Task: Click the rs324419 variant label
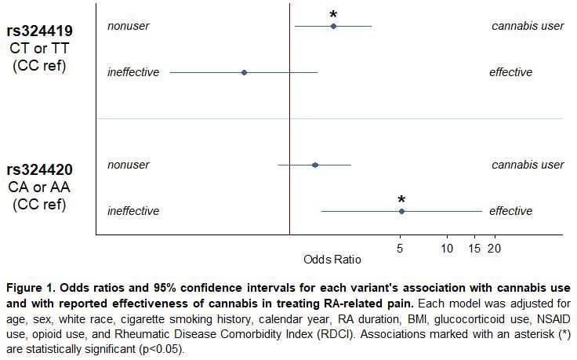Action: (40, 32)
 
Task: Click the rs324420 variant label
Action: (40, 170)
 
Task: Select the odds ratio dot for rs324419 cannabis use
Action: (333, 27)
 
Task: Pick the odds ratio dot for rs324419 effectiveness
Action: (245, 72)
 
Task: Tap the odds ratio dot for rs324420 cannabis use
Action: (315, 165)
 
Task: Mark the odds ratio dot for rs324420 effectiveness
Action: (401, 211)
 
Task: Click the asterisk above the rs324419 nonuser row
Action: (333, 15)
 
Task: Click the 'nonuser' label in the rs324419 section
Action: (128, 26)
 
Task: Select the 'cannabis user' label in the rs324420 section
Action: (528, 165)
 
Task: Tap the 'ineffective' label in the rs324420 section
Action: (133, 211)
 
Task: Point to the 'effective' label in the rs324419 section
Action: (510, 72)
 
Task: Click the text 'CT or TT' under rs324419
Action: (40, 49)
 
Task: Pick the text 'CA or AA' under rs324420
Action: (40, 187)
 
